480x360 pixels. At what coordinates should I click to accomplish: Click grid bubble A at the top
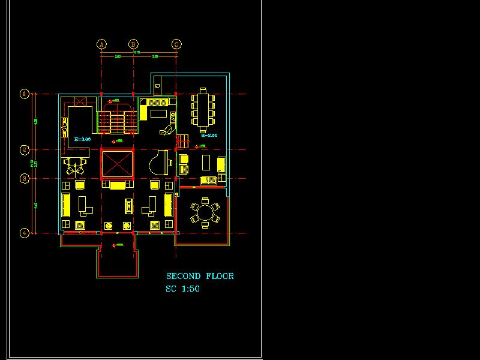tap(101, 44)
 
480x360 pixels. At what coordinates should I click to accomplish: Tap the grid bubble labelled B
tap(134, 44)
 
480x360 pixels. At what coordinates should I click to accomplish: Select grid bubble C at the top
tap(176, 44)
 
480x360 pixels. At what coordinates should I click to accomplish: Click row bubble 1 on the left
tap(25, 94)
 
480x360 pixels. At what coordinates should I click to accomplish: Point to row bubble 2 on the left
tap(25, 149)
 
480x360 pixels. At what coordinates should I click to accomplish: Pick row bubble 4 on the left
tap(25, 233)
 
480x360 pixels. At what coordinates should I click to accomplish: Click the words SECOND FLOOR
tap(200, 276)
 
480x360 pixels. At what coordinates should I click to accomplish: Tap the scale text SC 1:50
tap(183, 289)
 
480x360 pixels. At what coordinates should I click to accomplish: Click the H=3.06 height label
tap(82, 139)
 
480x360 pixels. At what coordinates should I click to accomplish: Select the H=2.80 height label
tap(209, 136)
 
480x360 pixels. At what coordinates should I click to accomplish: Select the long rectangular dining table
tap(203, 108)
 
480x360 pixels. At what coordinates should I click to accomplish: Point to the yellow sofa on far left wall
tap(66, 204)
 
